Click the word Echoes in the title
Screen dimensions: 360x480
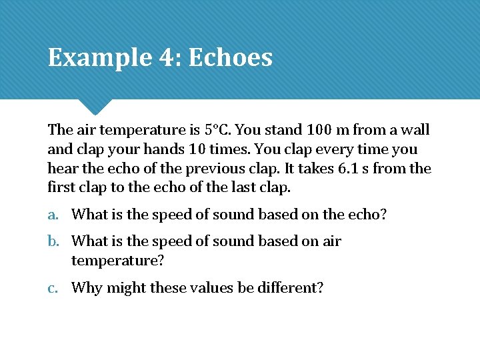pos(230,58)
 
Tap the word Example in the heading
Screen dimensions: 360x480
pos(99,58)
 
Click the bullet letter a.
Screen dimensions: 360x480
pos(53,214)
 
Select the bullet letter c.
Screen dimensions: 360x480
pos(52,288)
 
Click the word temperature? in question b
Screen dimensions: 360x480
pos(117,261)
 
